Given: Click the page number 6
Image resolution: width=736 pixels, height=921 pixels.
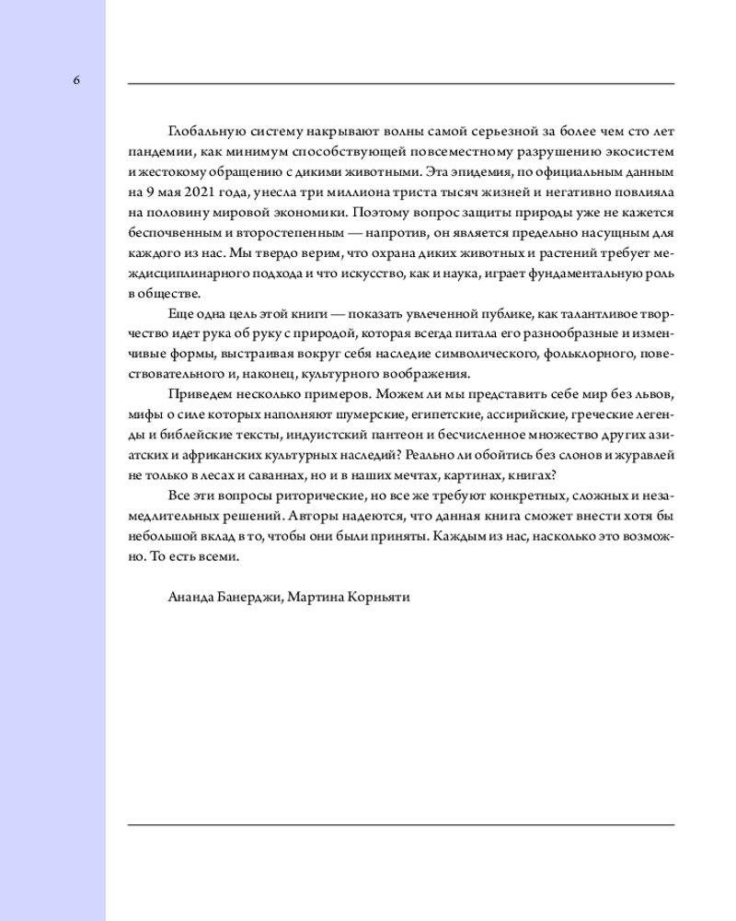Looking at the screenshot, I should (x=76, y=80).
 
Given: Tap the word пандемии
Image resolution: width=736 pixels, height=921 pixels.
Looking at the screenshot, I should (x=155, y=150).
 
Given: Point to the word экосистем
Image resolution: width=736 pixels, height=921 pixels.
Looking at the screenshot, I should (x=640, y=150).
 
